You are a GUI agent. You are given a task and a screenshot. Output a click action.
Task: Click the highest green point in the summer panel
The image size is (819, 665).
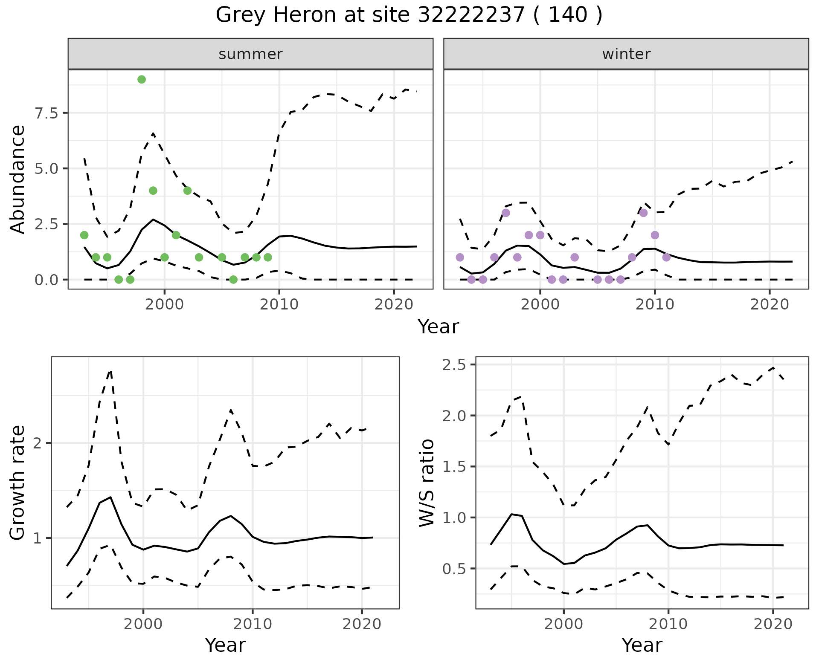(x=142, y=79)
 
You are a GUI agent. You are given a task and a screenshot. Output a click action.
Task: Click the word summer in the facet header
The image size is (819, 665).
(x=250, y=54)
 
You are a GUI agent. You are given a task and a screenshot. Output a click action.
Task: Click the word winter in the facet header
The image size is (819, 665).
(x=626, y=54)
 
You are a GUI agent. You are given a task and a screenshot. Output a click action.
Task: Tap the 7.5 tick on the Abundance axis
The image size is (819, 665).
(x=47, y=113)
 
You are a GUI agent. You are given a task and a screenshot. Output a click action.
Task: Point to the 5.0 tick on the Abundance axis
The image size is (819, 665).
(x=47, y=168)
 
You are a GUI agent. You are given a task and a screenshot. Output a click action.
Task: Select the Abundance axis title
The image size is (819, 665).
(x=18, y=179)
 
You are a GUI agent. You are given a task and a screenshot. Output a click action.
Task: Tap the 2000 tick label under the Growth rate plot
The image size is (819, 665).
(x=143, y=625)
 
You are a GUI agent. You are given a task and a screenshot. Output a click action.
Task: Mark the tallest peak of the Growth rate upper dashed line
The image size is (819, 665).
(x=110, y=371)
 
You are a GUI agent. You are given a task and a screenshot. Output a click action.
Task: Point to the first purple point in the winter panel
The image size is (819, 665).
(x=460, y=257)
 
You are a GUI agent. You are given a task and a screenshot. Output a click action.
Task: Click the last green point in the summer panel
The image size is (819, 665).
(x=268, y=257)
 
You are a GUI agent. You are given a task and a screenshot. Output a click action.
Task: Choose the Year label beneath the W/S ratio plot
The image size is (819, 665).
(x=642, y=645)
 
